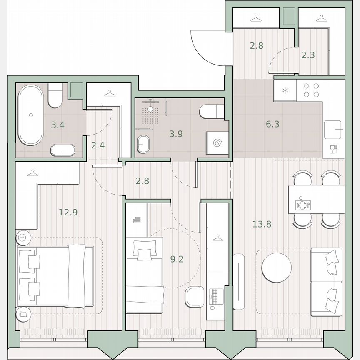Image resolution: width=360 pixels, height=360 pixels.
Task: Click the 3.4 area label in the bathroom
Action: [x=57, y=125]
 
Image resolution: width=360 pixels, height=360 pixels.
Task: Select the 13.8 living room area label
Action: [x=262, y=224]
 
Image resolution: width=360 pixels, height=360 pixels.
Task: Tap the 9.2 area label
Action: [x=177, y=259]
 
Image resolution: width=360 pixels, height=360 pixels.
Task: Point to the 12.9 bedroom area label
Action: [x=68, y=212]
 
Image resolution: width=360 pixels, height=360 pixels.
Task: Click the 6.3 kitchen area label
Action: [x=272, y=124]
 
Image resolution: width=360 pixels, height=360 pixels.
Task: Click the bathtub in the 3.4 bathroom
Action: [x=30, y=115]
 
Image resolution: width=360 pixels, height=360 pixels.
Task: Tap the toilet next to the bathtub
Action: [x=55, y=95]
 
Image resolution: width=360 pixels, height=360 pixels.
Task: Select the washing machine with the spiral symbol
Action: [x=217, y=143]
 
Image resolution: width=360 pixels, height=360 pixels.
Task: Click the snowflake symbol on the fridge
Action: [x=285, y=90]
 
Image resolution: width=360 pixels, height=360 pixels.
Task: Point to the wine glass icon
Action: [x=333, y=149]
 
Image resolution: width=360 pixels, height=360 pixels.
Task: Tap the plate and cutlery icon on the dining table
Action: [x=303, y=205]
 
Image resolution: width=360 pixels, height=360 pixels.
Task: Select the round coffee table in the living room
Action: [x=277, y=267]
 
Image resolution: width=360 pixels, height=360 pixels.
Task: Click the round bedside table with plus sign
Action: [x=22, y=238]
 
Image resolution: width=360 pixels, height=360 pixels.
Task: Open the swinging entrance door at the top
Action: [x=208, y=48]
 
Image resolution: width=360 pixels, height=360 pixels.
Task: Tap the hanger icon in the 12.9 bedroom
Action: [x=32, y=172]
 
